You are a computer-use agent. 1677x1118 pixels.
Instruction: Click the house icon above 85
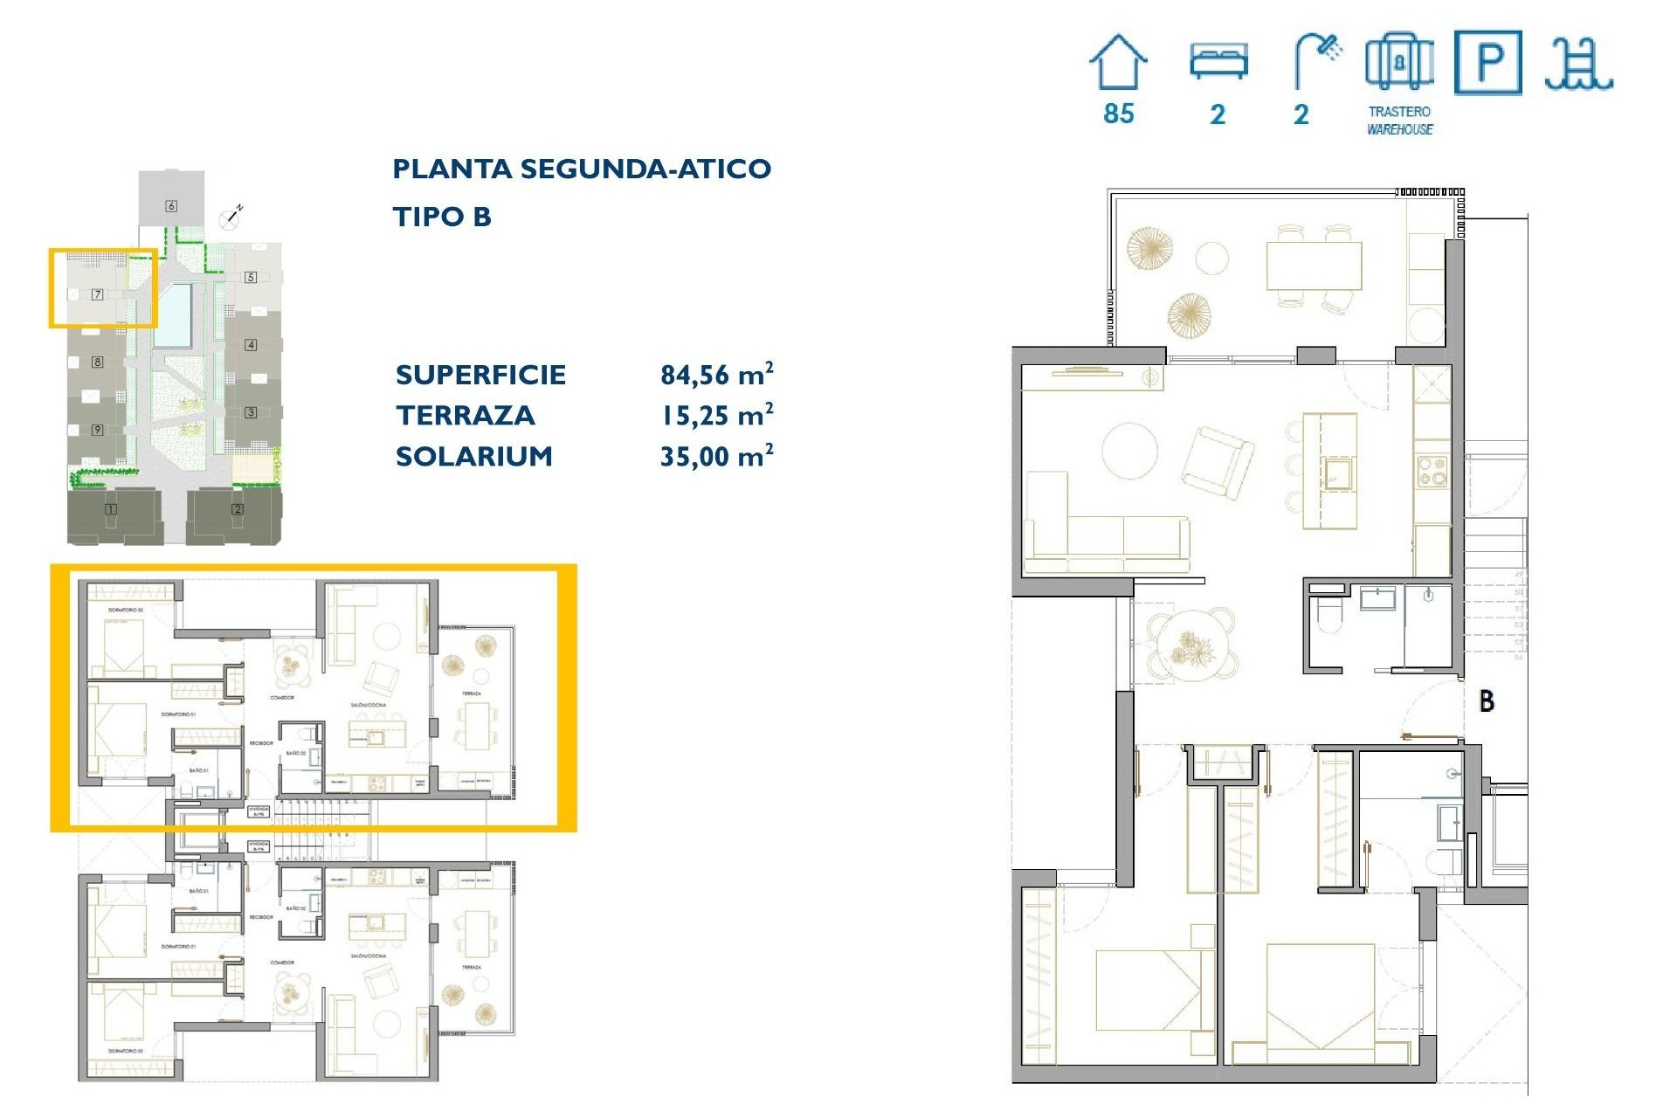1118,63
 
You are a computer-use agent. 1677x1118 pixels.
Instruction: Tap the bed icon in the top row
1218,61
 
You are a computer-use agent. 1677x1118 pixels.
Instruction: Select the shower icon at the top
1317,59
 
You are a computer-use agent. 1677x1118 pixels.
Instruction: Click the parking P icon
1488,62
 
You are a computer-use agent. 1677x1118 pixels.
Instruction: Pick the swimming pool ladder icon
1577,65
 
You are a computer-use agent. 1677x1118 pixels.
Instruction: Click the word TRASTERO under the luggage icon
1399,112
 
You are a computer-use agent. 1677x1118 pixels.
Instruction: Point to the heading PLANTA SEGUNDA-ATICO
582,169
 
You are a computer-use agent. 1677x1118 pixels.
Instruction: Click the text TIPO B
442,217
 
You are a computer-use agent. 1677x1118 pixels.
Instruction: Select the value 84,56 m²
716,375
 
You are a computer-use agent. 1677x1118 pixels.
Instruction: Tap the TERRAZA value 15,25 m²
716,416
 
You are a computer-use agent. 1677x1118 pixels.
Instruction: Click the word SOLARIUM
474,456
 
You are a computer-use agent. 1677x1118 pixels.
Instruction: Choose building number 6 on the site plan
171,206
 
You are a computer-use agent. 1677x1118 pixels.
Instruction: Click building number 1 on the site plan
111,509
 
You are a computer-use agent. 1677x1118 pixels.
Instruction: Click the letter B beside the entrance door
1487,700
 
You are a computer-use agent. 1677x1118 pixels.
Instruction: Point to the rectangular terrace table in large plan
1314,266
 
